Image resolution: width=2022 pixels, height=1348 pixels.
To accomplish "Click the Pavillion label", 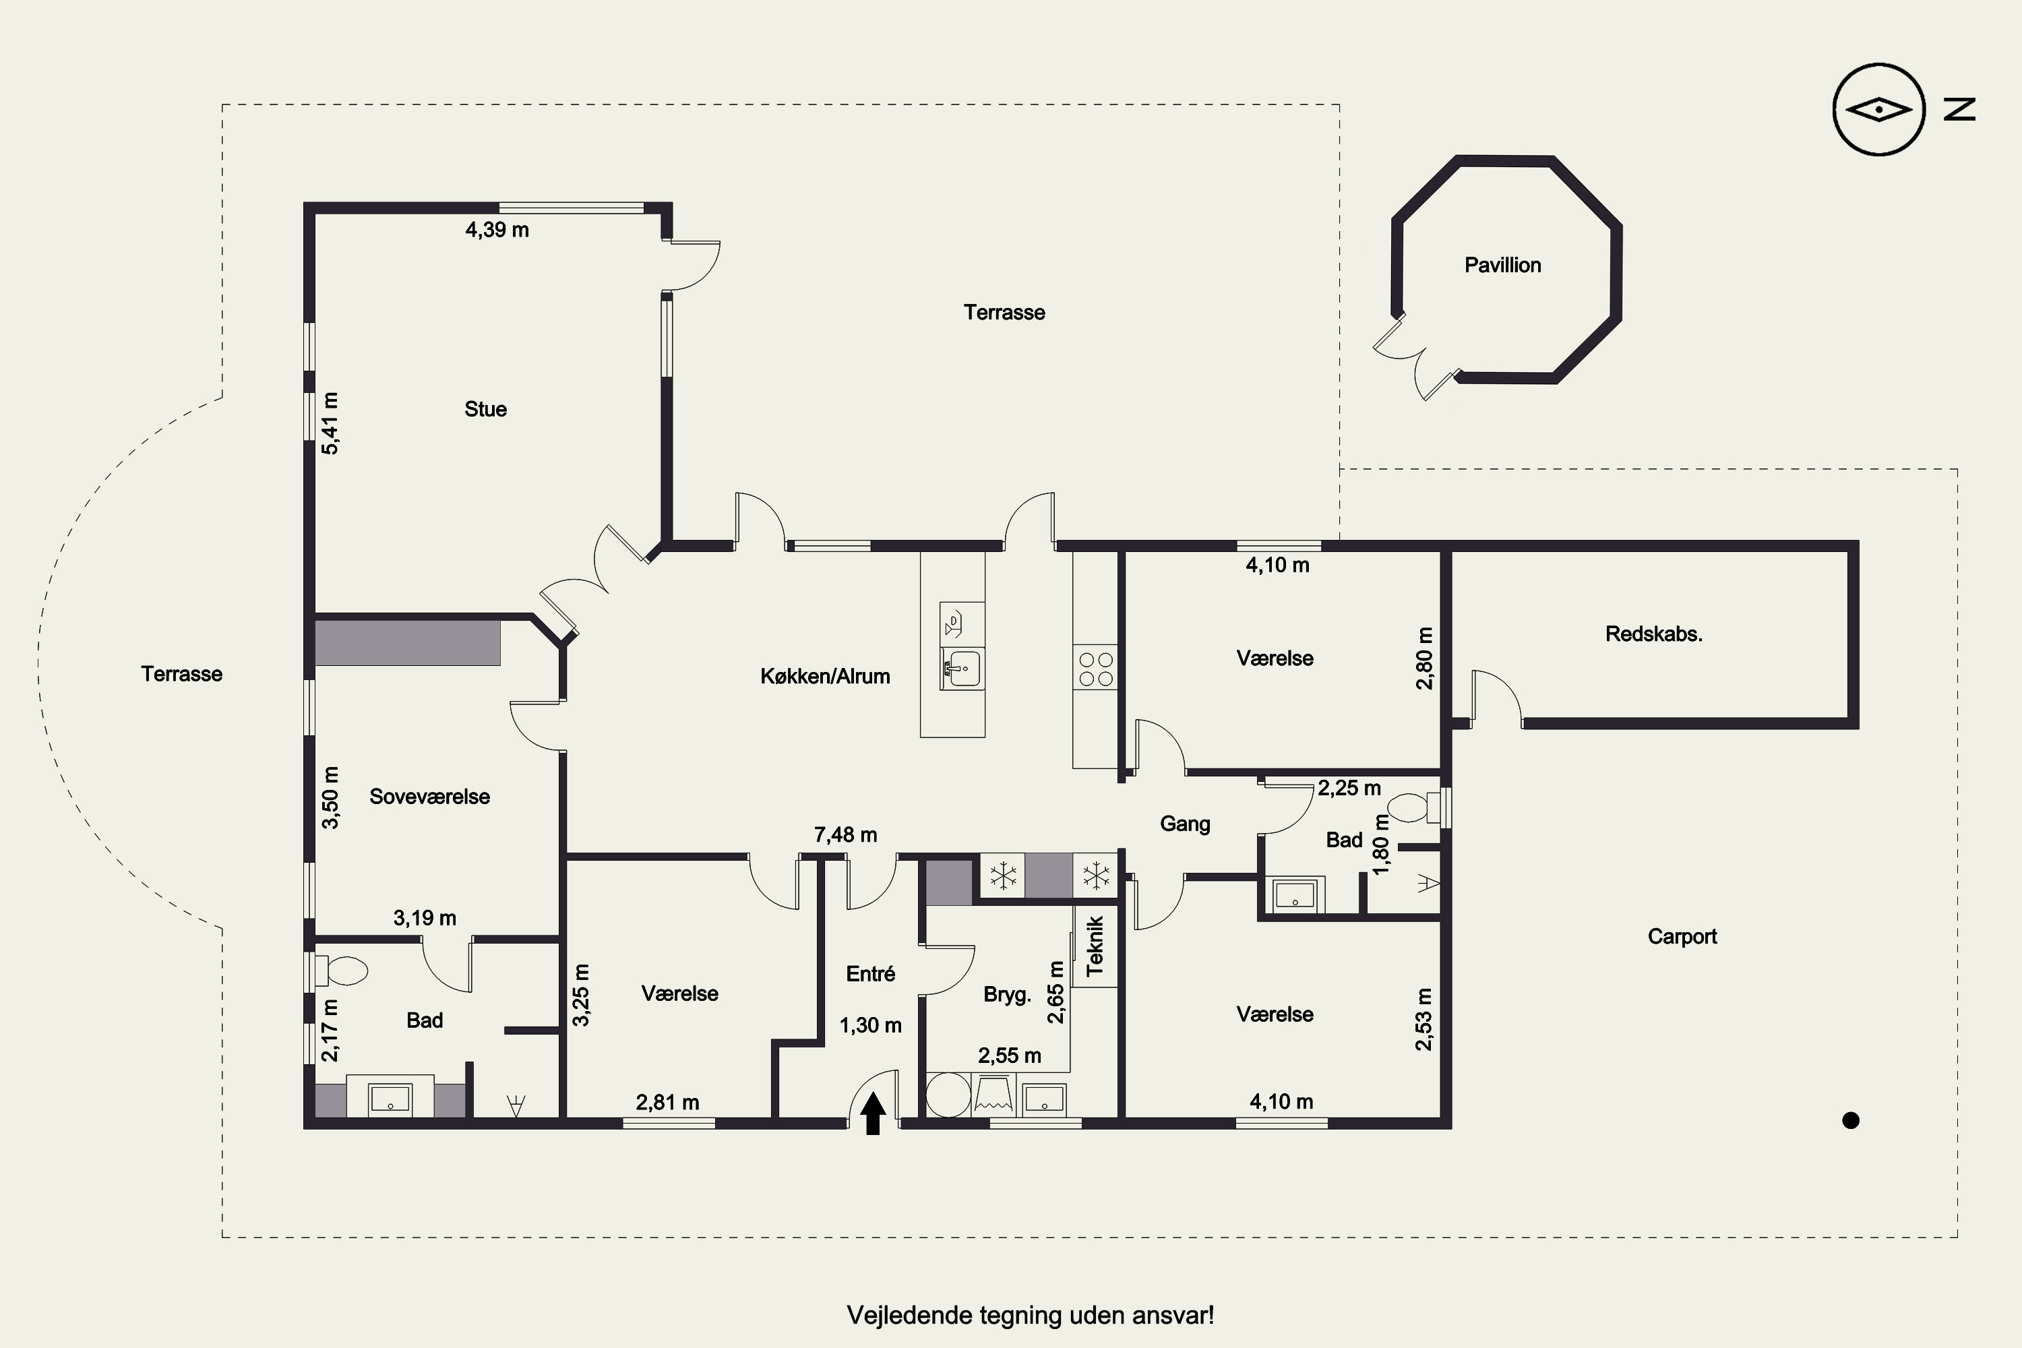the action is tap(1503, 265).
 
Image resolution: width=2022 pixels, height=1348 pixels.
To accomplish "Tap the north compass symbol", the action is tap(1878, 109).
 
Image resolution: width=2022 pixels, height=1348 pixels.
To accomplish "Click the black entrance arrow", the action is tap(873, 1113).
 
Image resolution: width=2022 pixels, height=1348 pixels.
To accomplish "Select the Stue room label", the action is tap(486, 409).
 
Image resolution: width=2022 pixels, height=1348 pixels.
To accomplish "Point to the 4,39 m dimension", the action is tap(497, 230).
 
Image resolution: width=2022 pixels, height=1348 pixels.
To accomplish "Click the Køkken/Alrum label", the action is tap(825, 677).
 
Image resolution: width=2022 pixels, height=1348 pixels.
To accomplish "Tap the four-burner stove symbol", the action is tap(1095, 669).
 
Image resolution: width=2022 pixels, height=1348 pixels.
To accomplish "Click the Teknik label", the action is tap(1095, 946).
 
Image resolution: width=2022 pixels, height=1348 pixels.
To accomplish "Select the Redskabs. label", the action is tap(1654, 634).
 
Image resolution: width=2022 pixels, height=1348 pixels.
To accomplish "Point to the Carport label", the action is tap(1682, 936).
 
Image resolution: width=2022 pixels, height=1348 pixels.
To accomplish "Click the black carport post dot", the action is tap(1851, 1120).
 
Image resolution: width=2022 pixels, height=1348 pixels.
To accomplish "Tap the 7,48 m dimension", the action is tap(845, 835).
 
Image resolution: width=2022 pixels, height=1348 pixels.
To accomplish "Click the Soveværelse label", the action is tap(430, 796).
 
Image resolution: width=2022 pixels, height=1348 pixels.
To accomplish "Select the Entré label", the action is tap(871, 973).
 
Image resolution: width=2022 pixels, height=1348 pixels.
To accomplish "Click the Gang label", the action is tap(1185, 824).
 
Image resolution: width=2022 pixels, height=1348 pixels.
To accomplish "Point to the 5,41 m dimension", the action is tap(330, 423).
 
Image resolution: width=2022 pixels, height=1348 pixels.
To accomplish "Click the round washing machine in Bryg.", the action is tap(948, 1095).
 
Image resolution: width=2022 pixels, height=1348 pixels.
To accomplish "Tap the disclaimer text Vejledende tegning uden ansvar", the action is tap(1030, 1316).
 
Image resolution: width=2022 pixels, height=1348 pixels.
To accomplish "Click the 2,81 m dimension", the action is tap(667, 1102).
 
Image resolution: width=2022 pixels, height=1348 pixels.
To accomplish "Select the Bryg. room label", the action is tap(1007, 995).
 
